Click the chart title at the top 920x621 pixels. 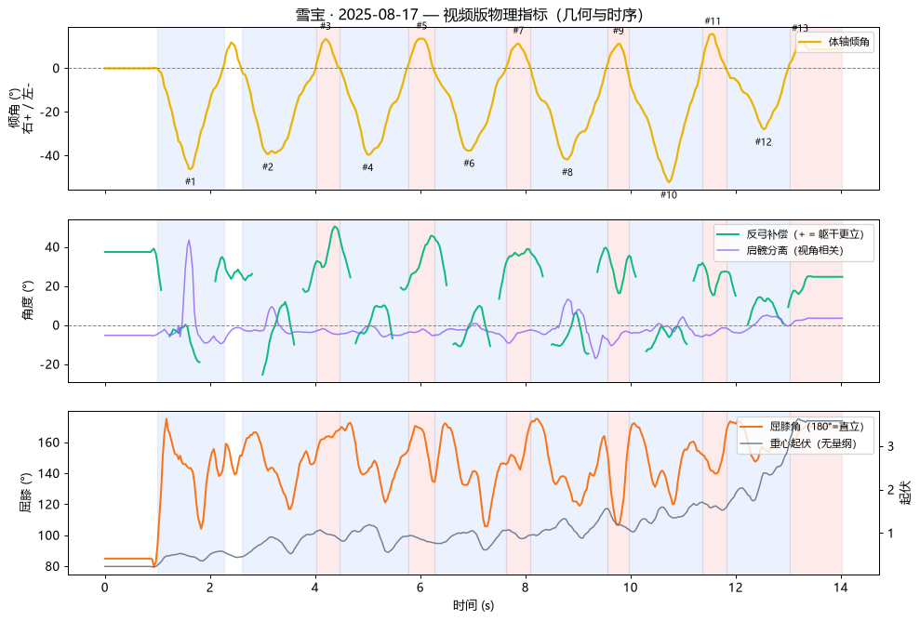pyautogui.click(x=469, y=14)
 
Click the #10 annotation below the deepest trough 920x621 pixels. pyautogui.click(x=668, y=195)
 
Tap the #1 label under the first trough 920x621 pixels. pyautogui.click(x=190, y=182)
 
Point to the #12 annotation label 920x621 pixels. pyautogui.click(x=764, y=142)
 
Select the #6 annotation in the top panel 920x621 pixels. pyautogui.click(x=469, y=164)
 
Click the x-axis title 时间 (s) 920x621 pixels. pyautogui.click(x=473, y=605)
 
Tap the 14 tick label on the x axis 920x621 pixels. pyautogui.click(x=841, y=588)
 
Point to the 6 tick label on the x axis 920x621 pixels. pyautogui.click(x=420, y=588)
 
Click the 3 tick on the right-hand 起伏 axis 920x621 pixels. pyautogui.click(x=890, y=446)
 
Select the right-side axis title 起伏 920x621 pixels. pyautogui.click(x=906, y=493)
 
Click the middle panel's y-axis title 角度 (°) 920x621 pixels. pyautogui.click(x=28, y=301)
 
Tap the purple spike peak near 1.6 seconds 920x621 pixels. pyautogui.click(x=188, y=240)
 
